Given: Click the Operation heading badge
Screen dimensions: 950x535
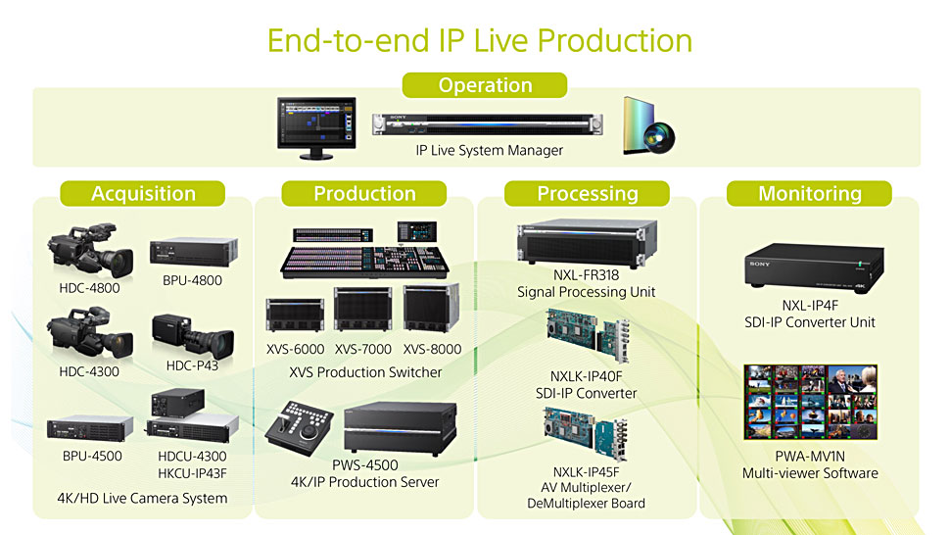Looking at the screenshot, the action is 485,85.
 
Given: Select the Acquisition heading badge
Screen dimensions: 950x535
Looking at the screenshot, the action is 143,193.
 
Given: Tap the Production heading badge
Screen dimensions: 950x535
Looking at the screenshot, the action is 364,193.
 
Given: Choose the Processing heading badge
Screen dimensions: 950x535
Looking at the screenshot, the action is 587,193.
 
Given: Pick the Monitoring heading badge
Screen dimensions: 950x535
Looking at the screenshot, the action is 809,193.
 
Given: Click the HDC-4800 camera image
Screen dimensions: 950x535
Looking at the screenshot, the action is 90,250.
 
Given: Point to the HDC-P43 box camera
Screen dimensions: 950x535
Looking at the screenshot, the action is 193,337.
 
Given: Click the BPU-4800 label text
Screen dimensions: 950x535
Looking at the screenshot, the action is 192,280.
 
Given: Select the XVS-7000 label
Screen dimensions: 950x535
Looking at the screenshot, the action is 363,349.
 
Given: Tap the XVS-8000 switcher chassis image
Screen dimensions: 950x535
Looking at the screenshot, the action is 431,308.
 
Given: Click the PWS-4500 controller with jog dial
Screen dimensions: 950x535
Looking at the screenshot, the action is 300,428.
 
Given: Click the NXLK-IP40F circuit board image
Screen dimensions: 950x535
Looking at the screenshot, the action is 587,334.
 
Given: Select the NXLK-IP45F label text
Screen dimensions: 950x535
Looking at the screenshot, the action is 587,472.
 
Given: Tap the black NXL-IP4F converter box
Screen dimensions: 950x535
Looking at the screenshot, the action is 814,268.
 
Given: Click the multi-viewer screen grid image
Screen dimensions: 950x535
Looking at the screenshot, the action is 811,402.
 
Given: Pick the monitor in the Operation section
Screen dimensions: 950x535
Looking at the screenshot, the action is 316,127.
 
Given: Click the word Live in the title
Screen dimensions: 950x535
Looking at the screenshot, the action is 500,41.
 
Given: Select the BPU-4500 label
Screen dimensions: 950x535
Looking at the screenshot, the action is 92,457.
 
